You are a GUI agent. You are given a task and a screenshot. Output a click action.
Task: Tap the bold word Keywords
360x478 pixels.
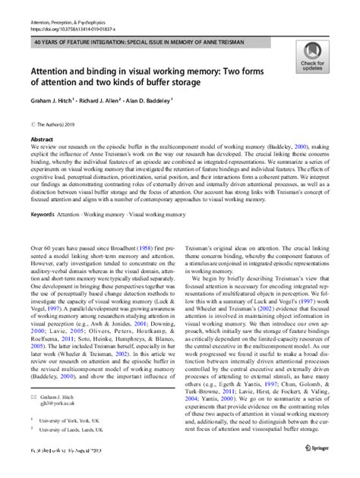click(x=44, y=215)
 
